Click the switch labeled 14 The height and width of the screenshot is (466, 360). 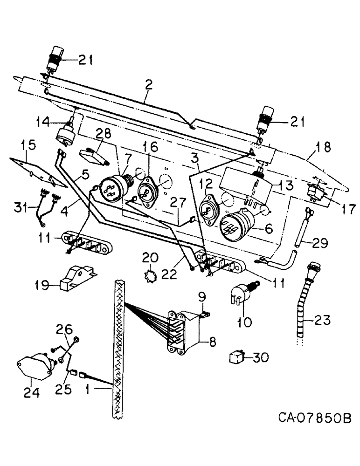click(x=65, y=133)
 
